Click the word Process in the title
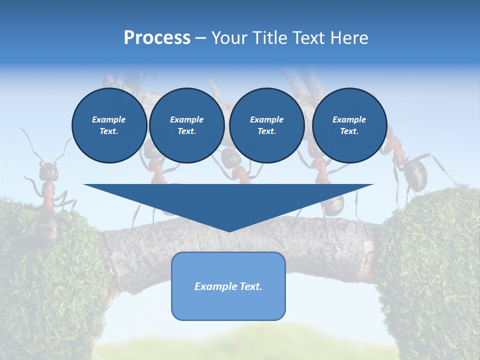click(157, 38)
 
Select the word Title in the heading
click(267, 38)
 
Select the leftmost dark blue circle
click(109, 125)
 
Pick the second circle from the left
click(186, 125)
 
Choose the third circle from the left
click(266, 125)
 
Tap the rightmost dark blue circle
click(349, 125)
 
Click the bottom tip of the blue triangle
click(228, 230)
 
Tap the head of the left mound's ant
click(48, 171)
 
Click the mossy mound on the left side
click(45, 280)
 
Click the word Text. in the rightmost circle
click(349, 131)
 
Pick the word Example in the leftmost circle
click(109, 119)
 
